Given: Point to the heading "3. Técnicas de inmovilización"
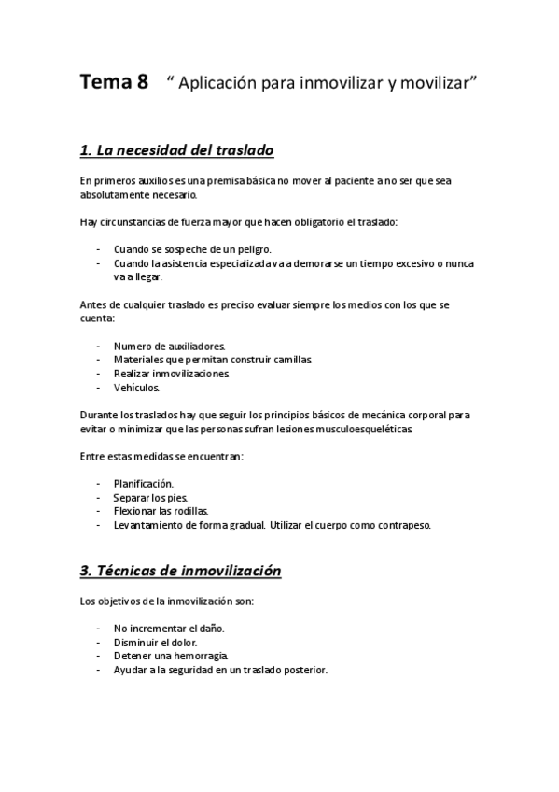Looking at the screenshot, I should click(181, 569).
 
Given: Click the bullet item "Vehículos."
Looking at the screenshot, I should click(137, 388).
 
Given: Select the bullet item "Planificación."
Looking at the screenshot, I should click(144, 483).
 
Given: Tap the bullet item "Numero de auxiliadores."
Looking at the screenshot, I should click(163, 346).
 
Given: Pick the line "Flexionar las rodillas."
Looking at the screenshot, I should click(161, 511).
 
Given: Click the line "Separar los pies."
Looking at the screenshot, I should click(149, 497).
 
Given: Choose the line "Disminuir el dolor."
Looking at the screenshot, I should click(155, 643).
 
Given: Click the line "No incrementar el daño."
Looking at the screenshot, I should click(169, 629).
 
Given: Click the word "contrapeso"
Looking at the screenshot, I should click(401, 525).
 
